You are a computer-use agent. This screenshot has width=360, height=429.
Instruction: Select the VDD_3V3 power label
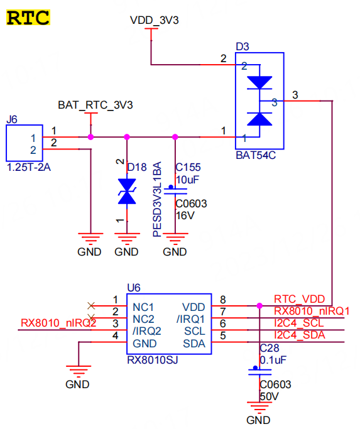155,20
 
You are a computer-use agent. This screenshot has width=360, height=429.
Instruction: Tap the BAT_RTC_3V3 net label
95,105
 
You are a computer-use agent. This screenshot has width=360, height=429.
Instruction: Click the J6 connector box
24,144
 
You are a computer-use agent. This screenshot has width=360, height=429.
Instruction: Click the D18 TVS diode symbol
128,192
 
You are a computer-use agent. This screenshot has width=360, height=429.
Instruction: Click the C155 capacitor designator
188,168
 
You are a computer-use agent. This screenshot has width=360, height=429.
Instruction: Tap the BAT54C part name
256,155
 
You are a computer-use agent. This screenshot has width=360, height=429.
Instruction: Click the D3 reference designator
242,46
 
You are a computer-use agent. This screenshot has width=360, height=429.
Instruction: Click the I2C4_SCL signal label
300,323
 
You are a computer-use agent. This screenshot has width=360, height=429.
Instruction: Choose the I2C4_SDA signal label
300,335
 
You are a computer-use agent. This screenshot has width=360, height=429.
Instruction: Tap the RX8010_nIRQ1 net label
312,311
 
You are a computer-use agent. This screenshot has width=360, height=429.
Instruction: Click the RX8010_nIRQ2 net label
58,323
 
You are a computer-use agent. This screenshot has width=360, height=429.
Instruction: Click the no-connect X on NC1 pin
92,306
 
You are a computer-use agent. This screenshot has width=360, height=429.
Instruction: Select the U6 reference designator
134,287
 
